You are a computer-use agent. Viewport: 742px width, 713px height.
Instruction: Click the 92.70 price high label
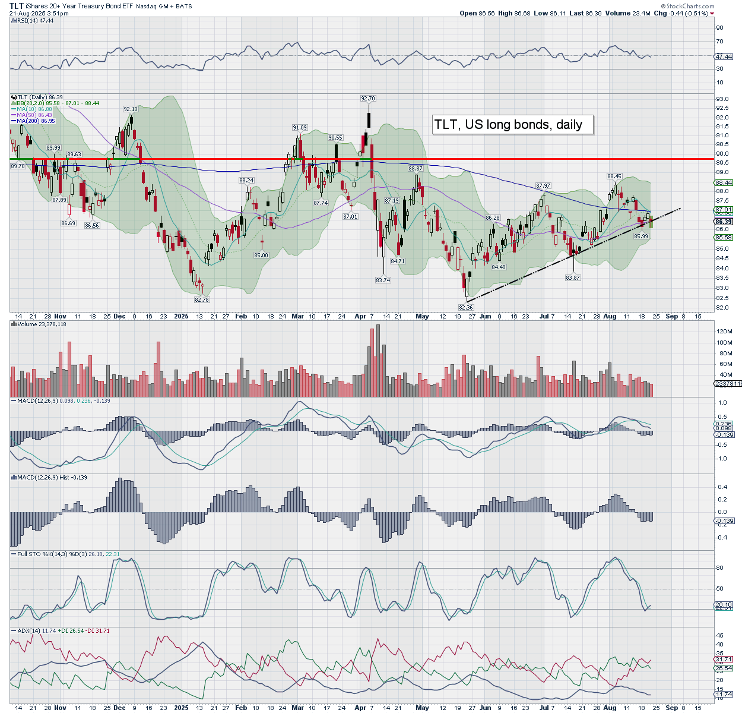368,99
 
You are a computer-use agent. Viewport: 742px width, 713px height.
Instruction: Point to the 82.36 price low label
466,307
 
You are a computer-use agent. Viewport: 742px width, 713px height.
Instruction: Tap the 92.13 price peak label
131,109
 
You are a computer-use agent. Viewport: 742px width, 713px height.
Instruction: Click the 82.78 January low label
201,300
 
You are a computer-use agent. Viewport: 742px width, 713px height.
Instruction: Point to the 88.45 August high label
614,176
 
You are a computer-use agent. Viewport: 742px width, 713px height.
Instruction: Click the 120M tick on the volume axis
725,331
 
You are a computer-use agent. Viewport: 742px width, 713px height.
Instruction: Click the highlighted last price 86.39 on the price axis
724,222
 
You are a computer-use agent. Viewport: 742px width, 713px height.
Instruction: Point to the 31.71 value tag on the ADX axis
724,660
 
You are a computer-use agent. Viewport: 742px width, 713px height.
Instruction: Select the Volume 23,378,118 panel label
41,324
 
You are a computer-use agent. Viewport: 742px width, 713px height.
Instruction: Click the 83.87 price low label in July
573,277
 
